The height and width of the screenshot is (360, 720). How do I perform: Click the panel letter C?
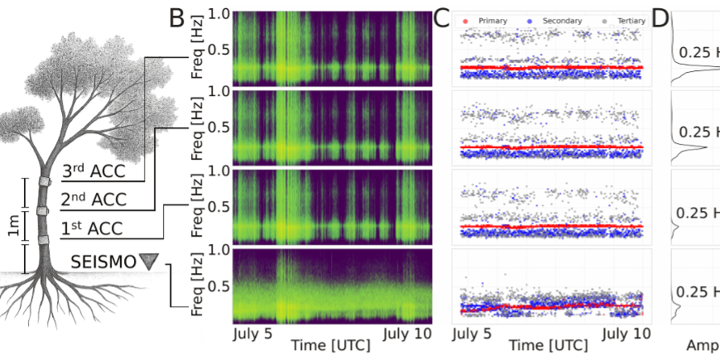(442, 18)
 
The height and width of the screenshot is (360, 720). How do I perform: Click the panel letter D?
(660, 18)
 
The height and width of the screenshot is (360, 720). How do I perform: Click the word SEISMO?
(103, 262)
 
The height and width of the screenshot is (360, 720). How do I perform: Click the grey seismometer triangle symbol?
(148, 262)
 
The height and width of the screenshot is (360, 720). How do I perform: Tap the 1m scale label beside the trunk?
(12, 231)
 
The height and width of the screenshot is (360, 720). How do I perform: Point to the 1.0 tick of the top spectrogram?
(218, 14)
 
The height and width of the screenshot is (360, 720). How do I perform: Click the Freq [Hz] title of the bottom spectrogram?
(198, 286)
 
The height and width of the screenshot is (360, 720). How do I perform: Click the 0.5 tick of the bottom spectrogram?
(218, 286)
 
